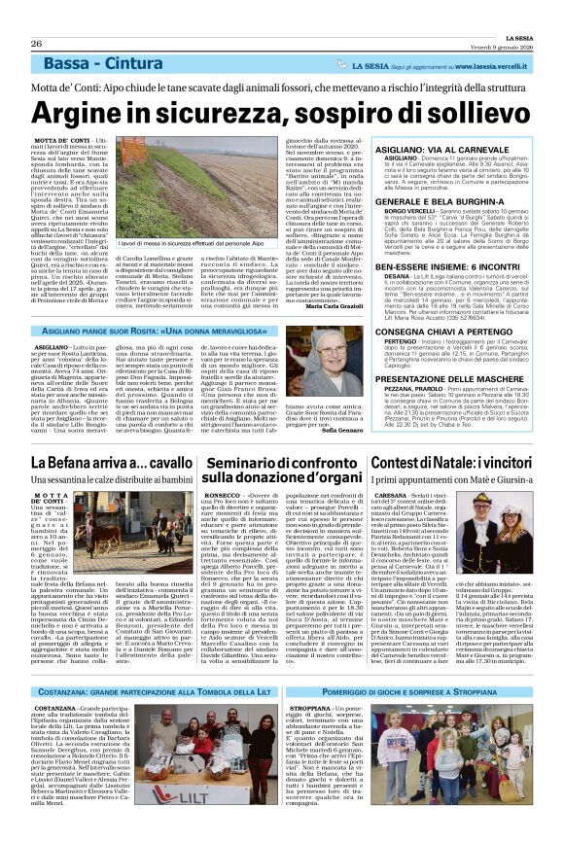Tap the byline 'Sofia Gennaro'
point(402,429)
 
